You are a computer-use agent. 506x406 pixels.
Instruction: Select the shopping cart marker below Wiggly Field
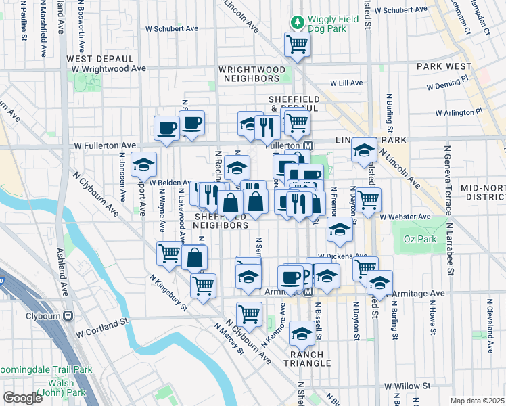pos(298,45)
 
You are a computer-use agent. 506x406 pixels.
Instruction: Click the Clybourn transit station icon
pos(68,316)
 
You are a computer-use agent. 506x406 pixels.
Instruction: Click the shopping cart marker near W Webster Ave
pos(368,200)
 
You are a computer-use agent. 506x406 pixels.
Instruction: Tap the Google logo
pos(22,398)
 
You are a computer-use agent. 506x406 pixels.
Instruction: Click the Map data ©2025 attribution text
pos(478,401)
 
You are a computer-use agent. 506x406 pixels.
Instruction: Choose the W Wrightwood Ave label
pos(108,68)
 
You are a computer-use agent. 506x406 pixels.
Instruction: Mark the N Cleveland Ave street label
pos(486,321)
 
